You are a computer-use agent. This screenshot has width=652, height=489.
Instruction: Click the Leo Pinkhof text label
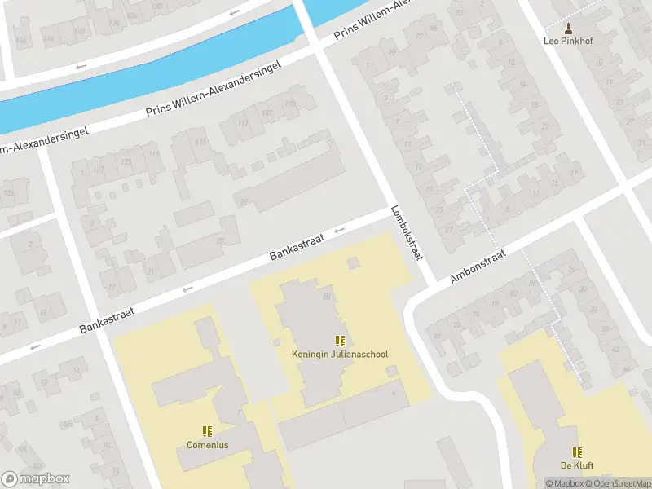tap(569, 41)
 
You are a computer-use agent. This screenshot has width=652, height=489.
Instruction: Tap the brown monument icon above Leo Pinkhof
tap(569, 28)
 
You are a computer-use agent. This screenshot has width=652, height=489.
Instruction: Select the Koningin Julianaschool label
tap(340, 355)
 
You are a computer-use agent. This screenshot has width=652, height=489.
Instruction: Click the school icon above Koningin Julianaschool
tap(340, 341)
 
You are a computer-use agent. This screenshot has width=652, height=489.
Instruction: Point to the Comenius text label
tap(207, 445)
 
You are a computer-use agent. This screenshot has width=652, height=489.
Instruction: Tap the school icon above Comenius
tap(207, 431)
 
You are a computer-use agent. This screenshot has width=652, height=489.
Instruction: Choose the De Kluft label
tap(576, 465)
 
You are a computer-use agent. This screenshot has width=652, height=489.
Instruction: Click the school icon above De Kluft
tap(576, 452)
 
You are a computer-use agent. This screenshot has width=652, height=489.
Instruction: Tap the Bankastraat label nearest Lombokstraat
tap(297, 247)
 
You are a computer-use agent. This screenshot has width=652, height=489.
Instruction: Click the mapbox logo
tap(36, 479)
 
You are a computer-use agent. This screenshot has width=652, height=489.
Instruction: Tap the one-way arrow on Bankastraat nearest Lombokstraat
tap(340, 230)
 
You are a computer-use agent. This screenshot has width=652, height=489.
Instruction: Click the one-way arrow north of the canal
tap(235, 12)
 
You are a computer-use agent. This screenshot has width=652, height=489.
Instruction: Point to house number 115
tap(200, 143)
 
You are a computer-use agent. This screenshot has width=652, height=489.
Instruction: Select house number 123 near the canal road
tap(126, 162)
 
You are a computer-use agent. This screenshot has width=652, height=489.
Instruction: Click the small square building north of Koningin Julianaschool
tap(353, 262)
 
